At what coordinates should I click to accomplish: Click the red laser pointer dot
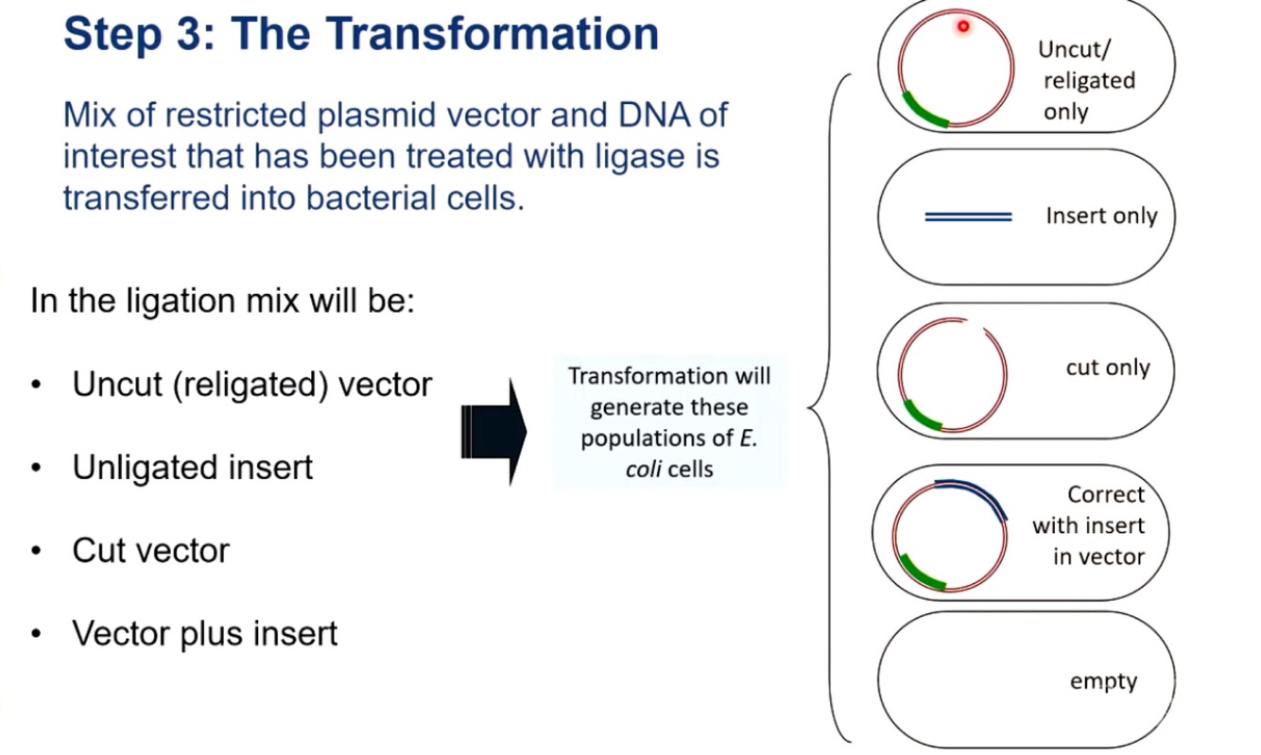point(963,26)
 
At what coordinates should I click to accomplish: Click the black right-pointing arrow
point(493,432)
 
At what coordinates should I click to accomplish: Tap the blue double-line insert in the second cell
point(968,217)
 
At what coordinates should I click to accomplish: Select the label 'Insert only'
point(1101,216)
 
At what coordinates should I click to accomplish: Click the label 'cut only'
point(1108,368)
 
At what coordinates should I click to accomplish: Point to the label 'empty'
point(1103,681)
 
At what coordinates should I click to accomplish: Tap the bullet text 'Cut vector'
point(151,551)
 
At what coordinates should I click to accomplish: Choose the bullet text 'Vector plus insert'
point(205,633)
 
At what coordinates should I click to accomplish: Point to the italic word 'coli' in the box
point(642,470)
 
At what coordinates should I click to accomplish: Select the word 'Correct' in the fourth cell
point(1106,494)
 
